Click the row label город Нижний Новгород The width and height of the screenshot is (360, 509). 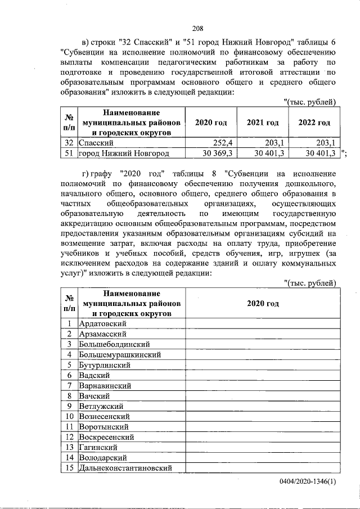(x=124, y=153)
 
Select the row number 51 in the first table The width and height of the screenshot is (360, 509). (x=69, y=153)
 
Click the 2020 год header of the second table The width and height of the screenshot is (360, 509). (x=263, y=303)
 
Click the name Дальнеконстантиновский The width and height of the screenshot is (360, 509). (x=125, y=468)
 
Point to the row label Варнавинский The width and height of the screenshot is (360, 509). (x=106, y=385)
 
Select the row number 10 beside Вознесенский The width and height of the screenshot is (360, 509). (x=69, y=416)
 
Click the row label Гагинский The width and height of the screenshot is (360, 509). (x=98, y=447)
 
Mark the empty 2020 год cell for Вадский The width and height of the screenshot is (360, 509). (x=263, y=375)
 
